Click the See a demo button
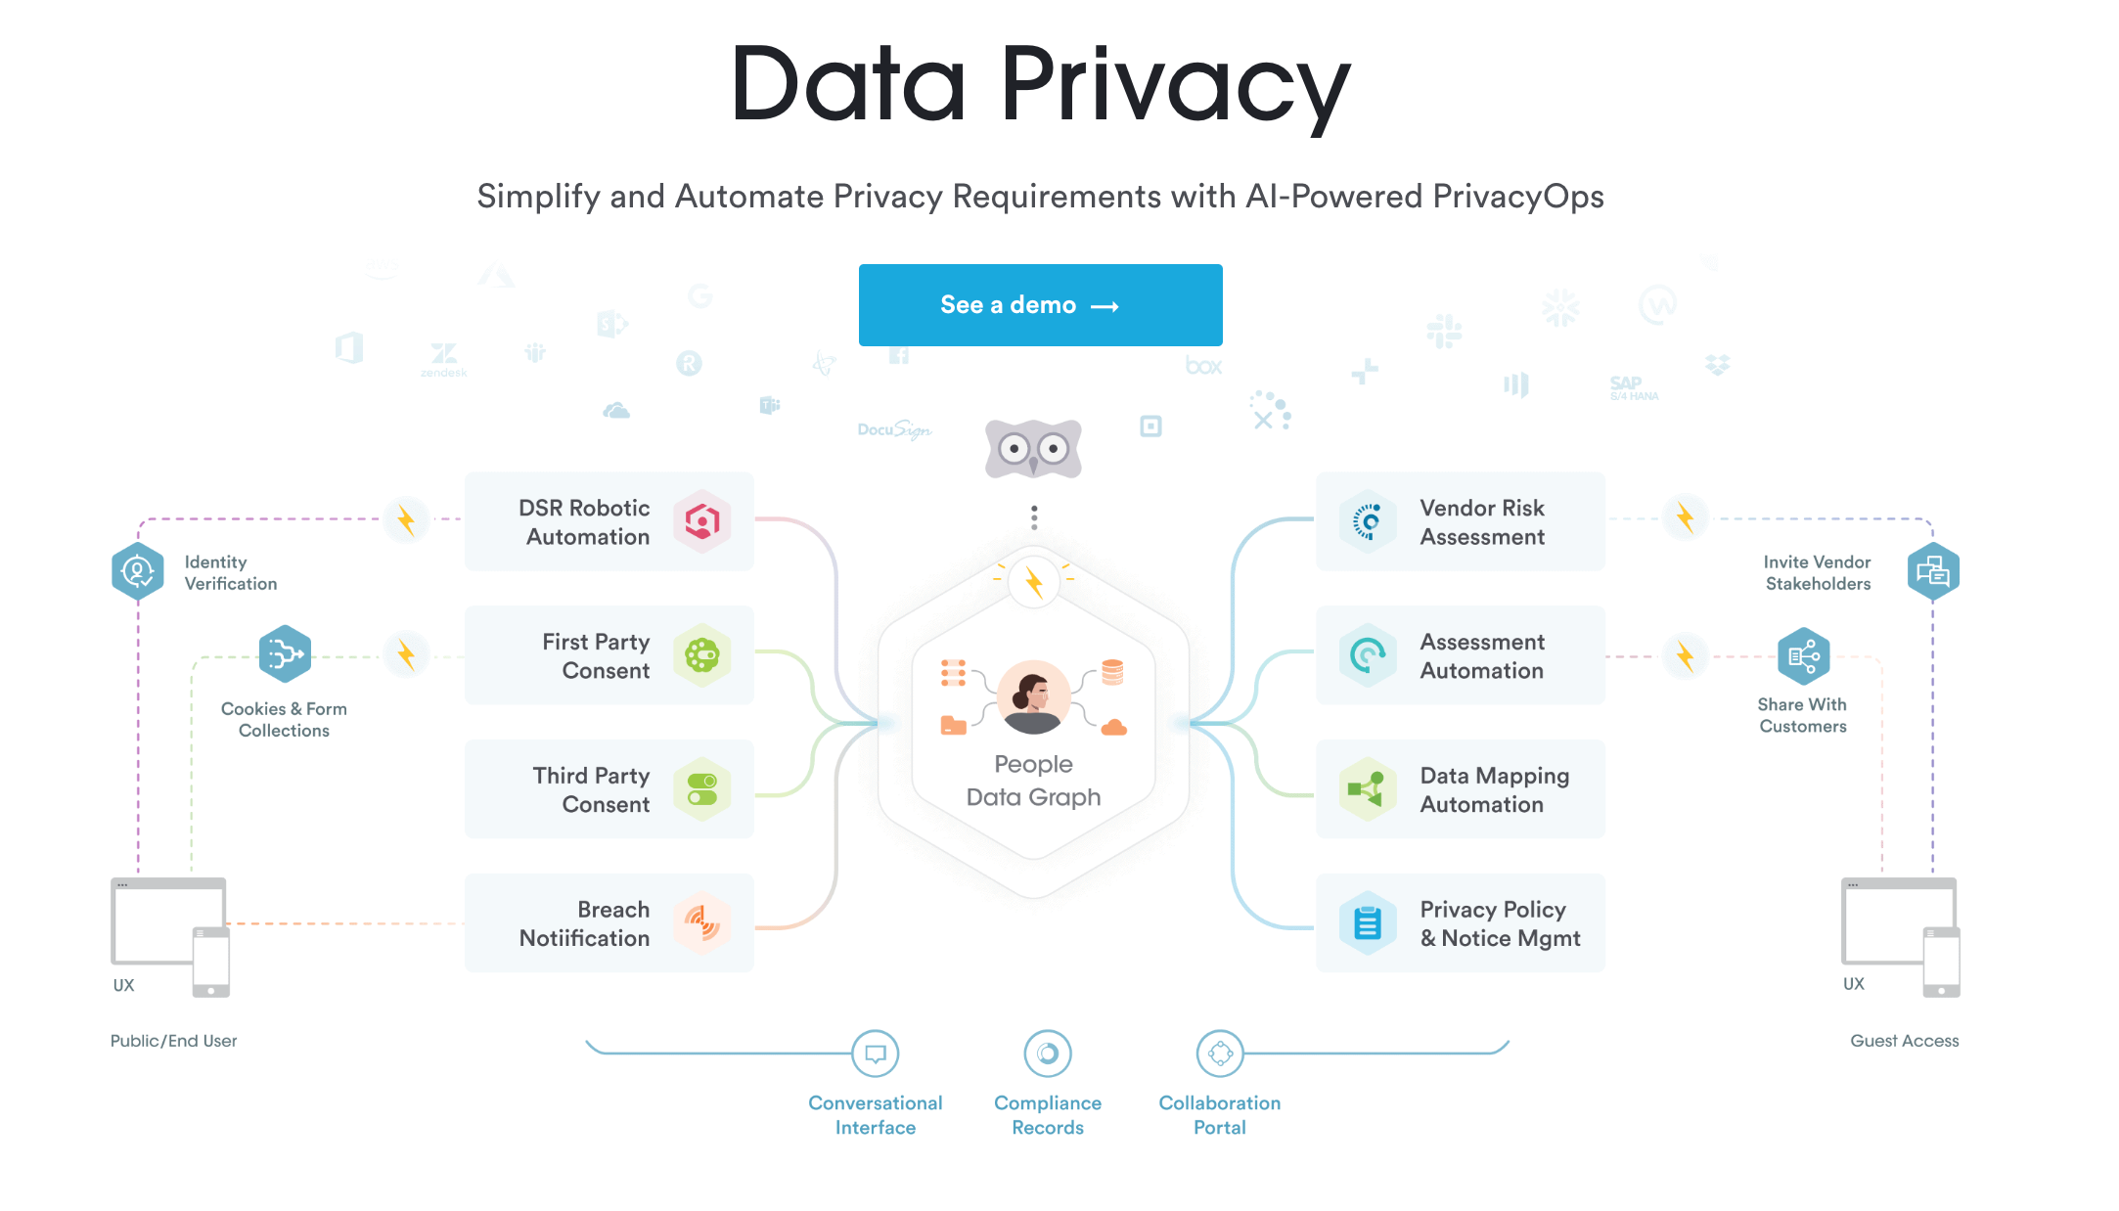pos(1040,305)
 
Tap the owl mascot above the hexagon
pos(1033,449)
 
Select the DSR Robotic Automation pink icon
pos(701,521)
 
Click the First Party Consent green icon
pos(701,655)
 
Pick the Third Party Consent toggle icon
pos(701,789)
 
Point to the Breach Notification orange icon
pos(701,922)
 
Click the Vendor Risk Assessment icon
pos(1368,521)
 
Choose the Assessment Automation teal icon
pos(1368,655)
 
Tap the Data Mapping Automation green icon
pos(1368,789)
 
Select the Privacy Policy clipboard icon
pos(1368,922)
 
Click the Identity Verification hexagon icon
pos(137,571)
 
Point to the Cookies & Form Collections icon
pos(285,653)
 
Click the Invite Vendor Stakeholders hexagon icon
pos(1933,571)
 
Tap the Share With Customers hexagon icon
pos(1803,656)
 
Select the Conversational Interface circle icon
pos(876,1054)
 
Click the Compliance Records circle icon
pos(1048,1054)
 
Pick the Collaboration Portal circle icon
pos(1220,1054)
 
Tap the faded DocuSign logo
pos(894,429)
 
